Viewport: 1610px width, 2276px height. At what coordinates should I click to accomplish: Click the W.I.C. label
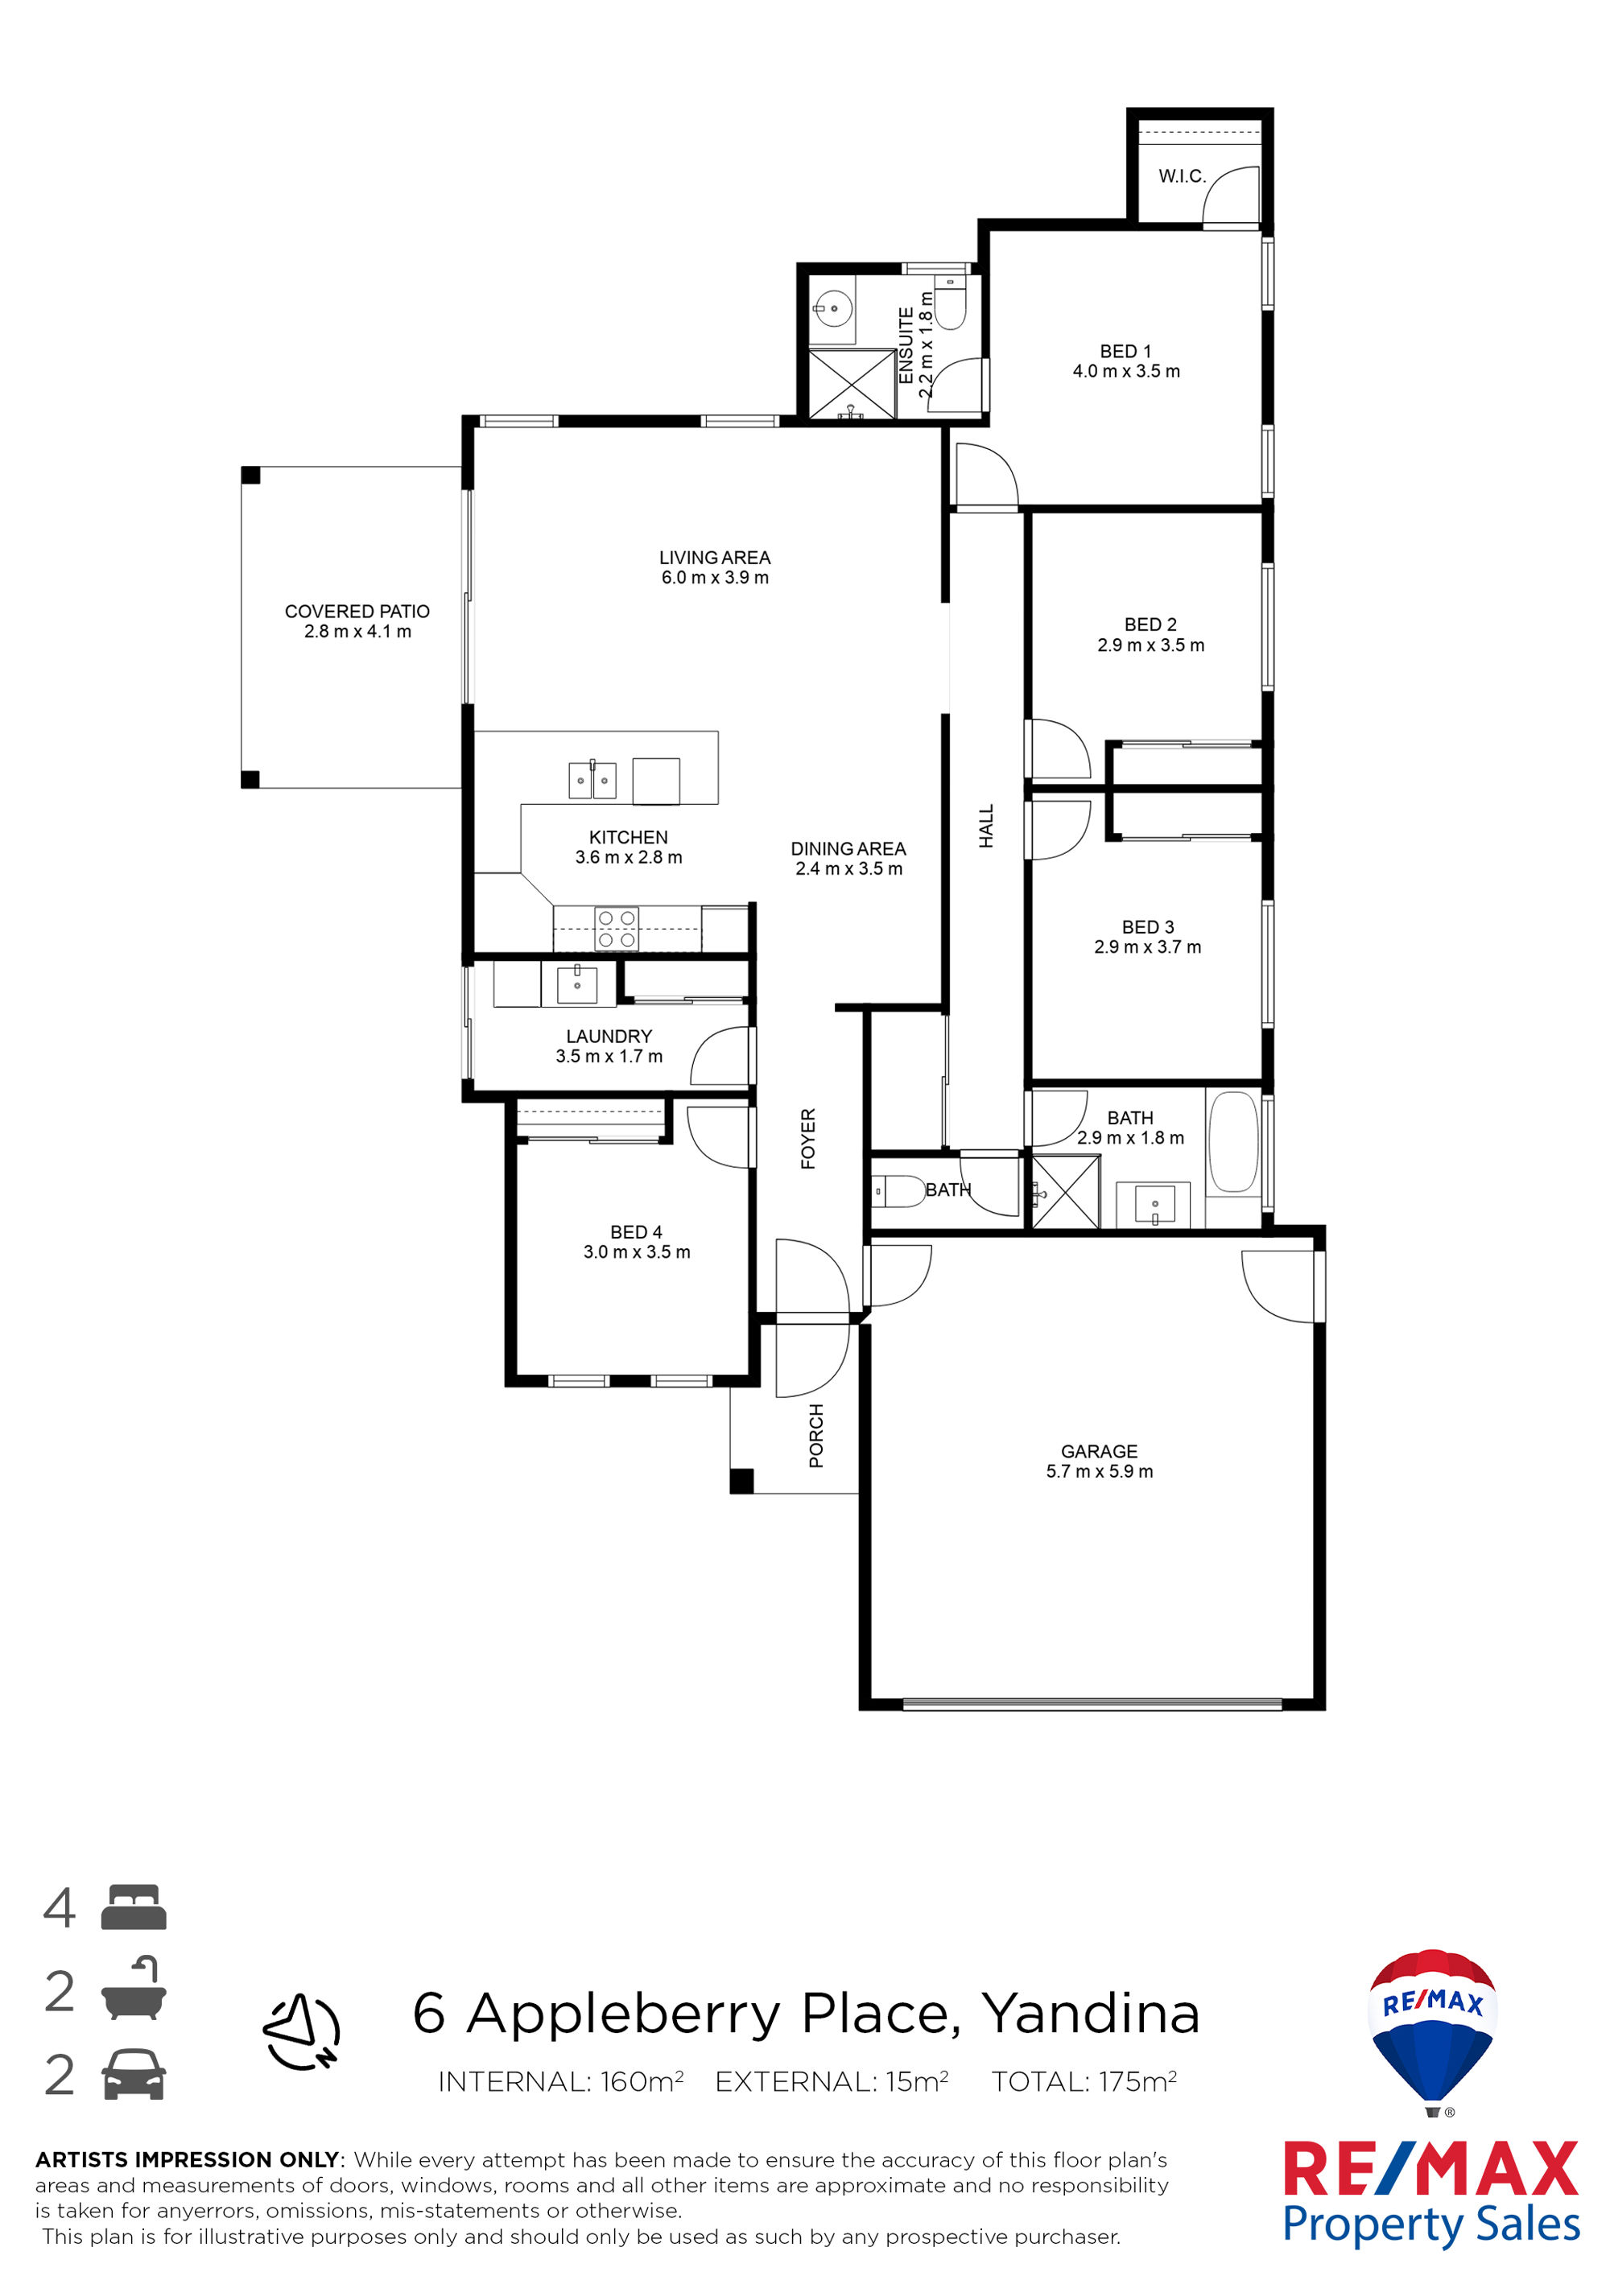(1182, 176)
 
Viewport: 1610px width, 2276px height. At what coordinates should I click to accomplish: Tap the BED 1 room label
(1125, 352)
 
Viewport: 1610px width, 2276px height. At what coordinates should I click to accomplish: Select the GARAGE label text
(1099, 1451)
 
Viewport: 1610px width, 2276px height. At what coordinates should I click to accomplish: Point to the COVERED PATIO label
(357, 612)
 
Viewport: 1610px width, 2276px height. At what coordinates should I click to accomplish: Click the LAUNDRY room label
(609, 1036)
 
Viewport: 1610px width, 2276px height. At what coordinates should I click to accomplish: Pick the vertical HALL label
(986, 826)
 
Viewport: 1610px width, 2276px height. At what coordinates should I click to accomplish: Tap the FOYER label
(808, 1138)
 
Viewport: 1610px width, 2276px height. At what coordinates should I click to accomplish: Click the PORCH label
(816, 1436)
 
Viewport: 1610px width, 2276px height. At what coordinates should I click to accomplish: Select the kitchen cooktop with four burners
(617, 929)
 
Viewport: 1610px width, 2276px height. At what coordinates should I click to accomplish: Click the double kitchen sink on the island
(592, 780)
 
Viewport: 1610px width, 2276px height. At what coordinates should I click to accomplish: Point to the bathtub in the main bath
(1233, 1141)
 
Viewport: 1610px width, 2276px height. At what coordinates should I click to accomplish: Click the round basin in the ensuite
(834, 308)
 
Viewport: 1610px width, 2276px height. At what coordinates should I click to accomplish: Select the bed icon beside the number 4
(134, 1907)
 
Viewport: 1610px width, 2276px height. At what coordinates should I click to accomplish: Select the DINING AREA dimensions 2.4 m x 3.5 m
(848, 869)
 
